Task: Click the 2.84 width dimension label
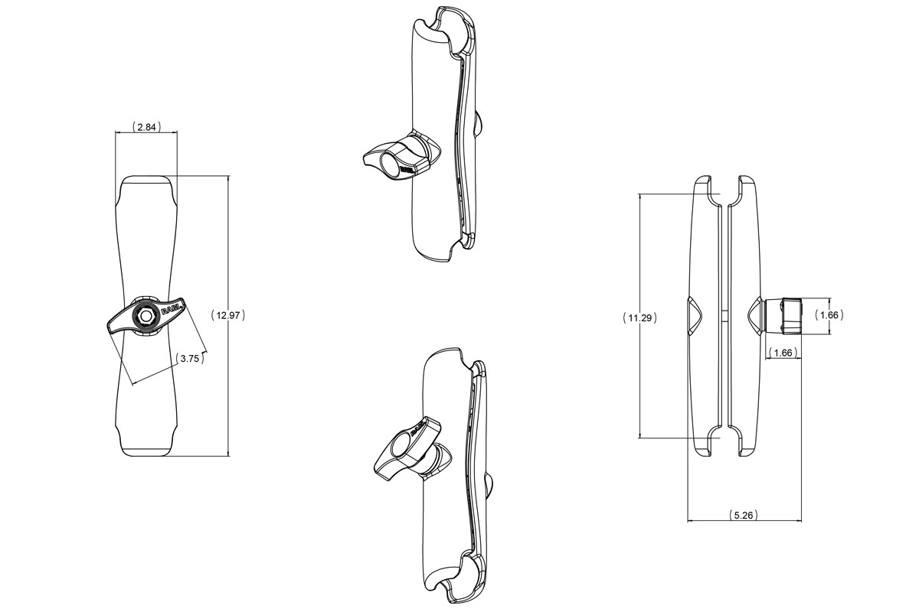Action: click(146, 127)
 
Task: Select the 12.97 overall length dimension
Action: click(227, 316)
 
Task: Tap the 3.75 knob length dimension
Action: click(190, 359)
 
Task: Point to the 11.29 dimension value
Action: click(639, 317)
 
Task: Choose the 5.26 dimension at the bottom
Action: click(744, 515)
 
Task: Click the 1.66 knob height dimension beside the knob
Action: click(829, 315)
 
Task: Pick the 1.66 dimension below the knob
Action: click(783, 353)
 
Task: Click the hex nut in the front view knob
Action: click(146, 315)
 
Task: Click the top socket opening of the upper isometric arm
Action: click(435, 31)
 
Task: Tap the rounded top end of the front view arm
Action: click(146, 185)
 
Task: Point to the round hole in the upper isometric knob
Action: click(390, 165)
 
